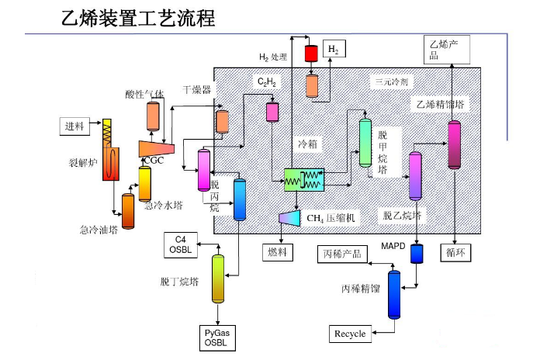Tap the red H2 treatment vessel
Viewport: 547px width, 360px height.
311,53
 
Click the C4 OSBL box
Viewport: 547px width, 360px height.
181,244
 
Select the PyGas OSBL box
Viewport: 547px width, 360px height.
217,337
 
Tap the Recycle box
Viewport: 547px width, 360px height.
350,334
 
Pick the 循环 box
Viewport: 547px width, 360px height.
454,251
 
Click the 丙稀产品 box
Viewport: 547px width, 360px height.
343,254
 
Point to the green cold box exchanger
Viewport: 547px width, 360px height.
303,180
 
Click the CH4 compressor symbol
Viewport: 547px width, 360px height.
289,218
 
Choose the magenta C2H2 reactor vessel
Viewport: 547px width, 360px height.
272,111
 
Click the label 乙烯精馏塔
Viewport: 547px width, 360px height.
441,104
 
